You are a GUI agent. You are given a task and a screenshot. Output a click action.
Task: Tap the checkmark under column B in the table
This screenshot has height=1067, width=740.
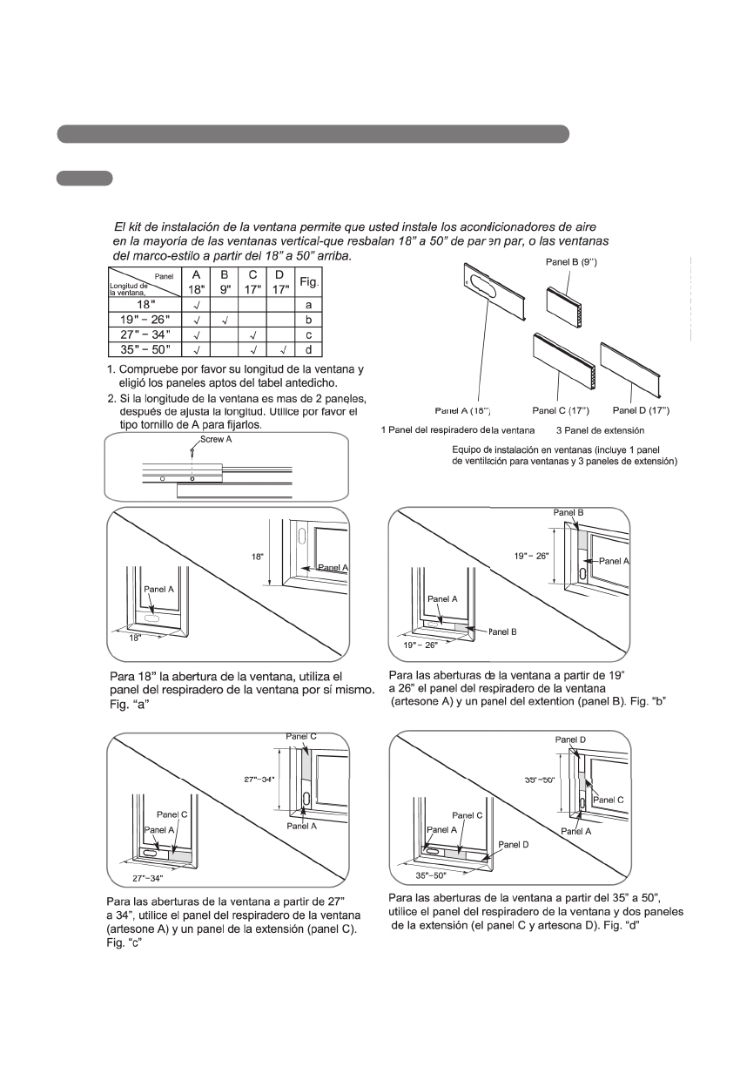[x=224, y=320]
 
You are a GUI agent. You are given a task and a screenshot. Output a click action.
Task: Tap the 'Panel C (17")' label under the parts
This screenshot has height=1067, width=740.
[x=559, y=409]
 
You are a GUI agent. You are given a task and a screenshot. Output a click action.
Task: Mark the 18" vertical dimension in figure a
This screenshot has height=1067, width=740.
[x=258, y=554]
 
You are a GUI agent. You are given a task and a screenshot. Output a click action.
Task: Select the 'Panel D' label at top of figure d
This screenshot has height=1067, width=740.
[x=570, y=739]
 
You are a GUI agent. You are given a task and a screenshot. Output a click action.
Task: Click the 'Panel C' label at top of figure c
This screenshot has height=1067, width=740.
[x=302, y=736]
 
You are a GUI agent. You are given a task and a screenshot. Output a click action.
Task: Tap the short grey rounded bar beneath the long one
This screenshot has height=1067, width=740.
[x=84, y=179]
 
